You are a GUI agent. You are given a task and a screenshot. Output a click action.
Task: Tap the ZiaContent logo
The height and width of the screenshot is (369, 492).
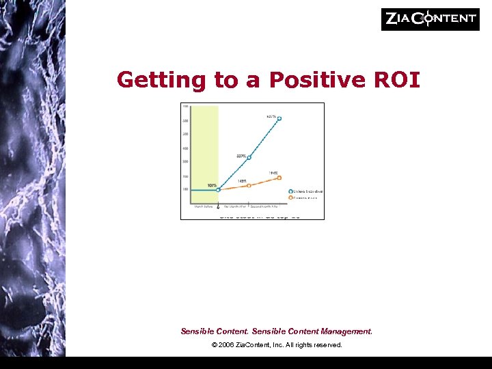[430, 19]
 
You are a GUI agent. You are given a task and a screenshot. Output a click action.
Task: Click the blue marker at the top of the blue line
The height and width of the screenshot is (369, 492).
[279, 118]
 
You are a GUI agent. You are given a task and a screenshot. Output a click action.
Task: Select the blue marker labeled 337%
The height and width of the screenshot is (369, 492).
[249, 157]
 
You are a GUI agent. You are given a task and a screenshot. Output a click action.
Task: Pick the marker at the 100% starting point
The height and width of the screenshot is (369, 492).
[218, 190]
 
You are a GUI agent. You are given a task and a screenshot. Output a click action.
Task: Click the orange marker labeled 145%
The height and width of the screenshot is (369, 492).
[249, 185]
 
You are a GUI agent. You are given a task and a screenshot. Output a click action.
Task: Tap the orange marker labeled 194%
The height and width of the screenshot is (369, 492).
[279, 178]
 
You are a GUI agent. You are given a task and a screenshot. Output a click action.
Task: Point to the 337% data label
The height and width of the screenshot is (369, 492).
[241, 156]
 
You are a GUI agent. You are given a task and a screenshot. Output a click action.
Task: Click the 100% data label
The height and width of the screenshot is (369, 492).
[212, 185]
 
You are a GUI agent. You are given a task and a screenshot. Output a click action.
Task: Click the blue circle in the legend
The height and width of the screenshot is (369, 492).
[290, 192]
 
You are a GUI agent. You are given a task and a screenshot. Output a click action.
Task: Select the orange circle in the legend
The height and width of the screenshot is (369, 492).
[290, 198]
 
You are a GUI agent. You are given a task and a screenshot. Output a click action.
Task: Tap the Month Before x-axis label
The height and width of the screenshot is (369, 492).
[204, 205]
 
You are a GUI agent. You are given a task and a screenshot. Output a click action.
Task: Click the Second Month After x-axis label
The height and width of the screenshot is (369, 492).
[264, 205]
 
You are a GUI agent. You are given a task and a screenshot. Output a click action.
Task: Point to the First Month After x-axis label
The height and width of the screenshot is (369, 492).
[234, 205]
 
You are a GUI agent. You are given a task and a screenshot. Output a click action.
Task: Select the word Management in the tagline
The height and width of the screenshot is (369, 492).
[346, 331]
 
